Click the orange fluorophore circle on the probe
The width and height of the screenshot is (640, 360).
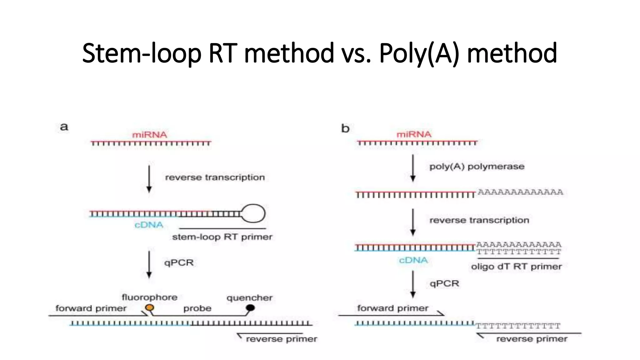pos(150,307)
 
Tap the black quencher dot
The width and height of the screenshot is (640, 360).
pos(250,308)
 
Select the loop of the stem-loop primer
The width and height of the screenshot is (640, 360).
pos(253,213)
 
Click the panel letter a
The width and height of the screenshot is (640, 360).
pos(64,127)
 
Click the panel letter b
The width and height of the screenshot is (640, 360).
pos(345,128)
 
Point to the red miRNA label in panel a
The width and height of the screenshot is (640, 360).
pos(150,135)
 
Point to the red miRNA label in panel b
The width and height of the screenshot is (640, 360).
pos(414,134)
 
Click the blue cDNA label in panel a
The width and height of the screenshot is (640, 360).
pos(149,225)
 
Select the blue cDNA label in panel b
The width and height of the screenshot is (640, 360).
pos(413,260)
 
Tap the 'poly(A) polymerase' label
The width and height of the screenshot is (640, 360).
pos(477,167)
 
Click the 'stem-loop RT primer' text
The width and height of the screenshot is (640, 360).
pos(222,237)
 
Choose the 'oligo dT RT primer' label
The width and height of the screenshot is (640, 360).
pos(516,267)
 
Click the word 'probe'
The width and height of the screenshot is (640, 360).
pos(197,308)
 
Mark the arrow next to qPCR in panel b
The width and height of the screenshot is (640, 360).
pos(413,284)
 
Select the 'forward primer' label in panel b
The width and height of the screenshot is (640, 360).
pos(392,308)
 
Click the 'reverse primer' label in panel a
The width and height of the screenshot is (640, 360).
pos(281,339)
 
